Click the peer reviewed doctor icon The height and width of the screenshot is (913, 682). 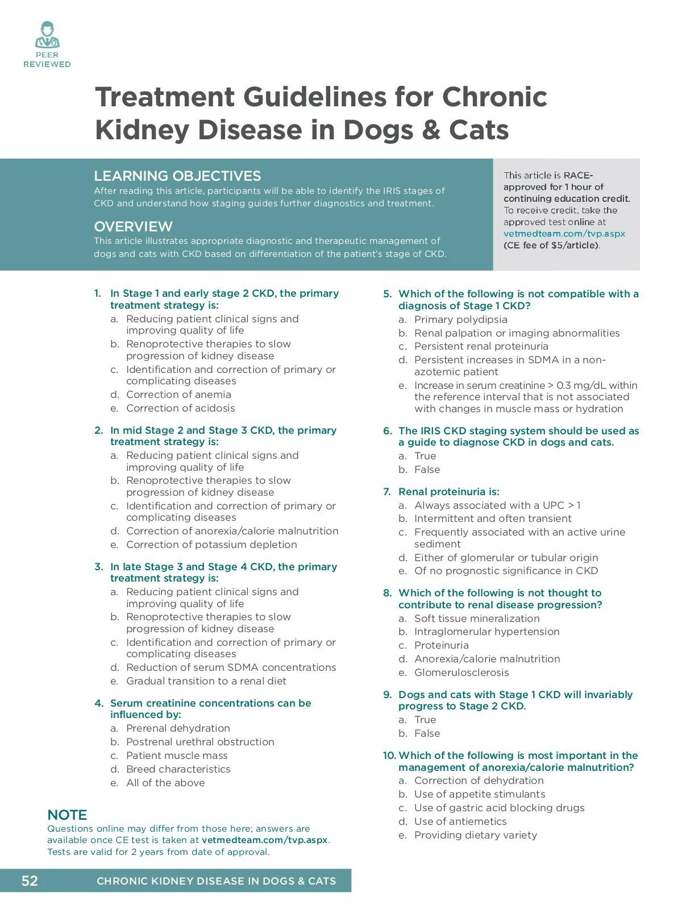click(x=47, y=35)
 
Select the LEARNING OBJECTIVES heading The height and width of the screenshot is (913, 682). click(x=177, y=176)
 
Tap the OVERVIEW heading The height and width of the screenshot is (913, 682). click(x=133, y=226)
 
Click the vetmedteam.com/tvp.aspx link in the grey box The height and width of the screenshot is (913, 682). click(x=564, y=234)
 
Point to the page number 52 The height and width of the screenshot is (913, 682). click(x=30, y=881)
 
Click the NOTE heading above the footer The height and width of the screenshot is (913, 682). click(x=67, y=815)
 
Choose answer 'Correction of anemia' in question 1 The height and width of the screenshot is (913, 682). click(x=178, y=395)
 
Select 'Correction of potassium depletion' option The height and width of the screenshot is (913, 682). click(x=211, y=545)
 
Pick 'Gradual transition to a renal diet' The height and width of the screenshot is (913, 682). click(x=206, y=681)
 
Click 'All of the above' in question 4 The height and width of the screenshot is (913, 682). click(x=165, y=783)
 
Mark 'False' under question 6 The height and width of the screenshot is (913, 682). click(x=427, y=470)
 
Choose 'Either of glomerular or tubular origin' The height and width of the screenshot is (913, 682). click(x=506, y=558)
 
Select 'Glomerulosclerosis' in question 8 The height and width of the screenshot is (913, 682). click(x=461, y=673)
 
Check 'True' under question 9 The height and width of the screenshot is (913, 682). click(x=425, y=720)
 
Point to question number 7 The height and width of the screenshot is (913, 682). click(x=387, y=492)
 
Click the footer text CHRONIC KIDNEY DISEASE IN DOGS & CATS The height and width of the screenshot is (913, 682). click(x=216, y=881)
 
